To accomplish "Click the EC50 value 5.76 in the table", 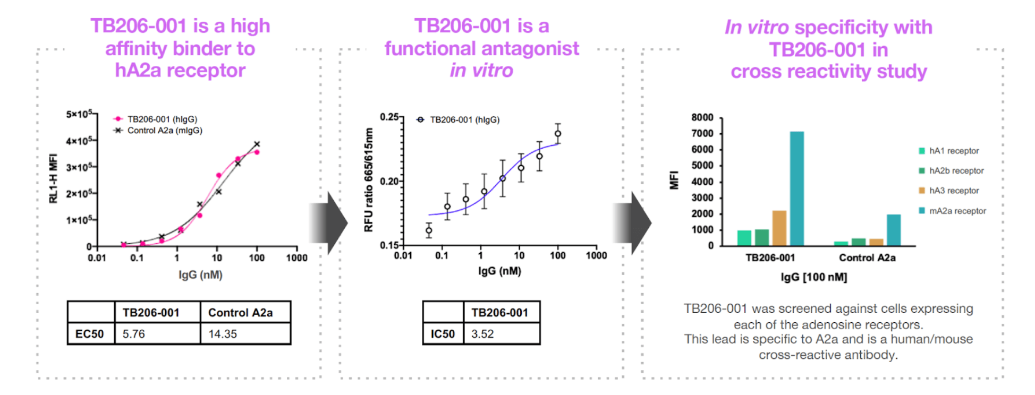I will tap(134, 334).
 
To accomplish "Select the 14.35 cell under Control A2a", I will tap(223, 334).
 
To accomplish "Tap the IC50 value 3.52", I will tap(482, 334).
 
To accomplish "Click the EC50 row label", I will tap(90, 334).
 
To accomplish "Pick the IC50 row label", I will tap(443, 334).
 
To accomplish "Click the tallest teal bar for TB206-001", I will tap(796, 188).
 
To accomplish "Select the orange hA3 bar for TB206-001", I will tap(779, 228).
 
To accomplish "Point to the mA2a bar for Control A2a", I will tap(894, 230).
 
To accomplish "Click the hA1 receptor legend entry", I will tap(953, 151).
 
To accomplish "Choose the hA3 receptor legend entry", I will tap(953, 191).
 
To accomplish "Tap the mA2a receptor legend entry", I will tap(957, 211).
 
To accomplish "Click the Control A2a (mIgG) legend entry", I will tap(164, 131).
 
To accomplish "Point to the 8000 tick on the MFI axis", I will tap(702, 117).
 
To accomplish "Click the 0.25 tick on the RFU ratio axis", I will tap(389, 117).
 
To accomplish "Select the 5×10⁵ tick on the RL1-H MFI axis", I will tap(79, 114).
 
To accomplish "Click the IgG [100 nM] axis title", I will tap(813, 277).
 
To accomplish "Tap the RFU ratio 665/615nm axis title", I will tap(368, 180).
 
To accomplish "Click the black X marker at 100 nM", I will tap(257, 144).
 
